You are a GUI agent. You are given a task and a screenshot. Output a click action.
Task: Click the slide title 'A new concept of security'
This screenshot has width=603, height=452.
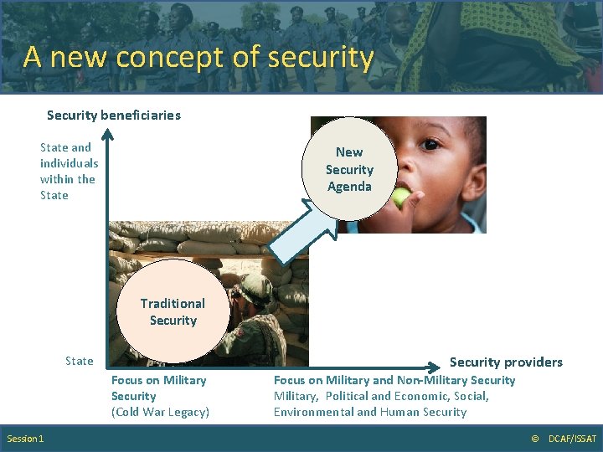click(x=198, y=57)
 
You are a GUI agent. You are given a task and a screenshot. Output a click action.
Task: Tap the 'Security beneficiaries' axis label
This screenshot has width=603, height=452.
click(x=113, y=115)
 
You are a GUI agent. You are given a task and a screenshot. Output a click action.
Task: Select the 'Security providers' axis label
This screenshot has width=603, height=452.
click(x=506, y=362)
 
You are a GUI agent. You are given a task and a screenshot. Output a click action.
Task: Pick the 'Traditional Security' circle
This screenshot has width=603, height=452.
click(x=173, y=311)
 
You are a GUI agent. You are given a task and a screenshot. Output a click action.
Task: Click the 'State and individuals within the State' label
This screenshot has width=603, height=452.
click(x=69, y=171)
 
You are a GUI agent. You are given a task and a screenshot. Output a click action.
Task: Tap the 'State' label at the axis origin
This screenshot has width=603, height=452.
click(x=80, y=361)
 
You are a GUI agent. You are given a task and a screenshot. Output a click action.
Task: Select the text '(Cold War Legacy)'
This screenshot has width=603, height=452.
click(x=160, y=412)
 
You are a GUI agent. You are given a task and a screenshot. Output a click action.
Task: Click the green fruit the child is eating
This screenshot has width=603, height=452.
click(x=402, y=197)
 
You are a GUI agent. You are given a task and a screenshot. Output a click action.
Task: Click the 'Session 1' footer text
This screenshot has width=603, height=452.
click(x=26, y=439)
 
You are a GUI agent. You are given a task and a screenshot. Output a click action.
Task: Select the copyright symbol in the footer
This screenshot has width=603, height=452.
click(x=535, y=439)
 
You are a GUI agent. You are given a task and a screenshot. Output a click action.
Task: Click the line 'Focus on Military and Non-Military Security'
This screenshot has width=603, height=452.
click(x=394, y=380)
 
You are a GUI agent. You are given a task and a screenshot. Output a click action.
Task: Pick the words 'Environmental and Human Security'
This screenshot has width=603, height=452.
click(x=369, y=412)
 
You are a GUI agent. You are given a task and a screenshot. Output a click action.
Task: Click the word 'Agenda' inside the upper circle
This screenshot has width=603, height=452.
click(x=349, y=187)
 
